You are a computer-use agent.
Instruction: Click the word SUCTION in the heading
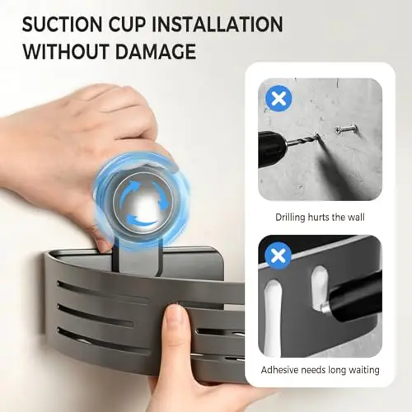tap(63, 24)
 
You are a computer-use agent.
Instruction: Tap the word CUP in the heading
tap(127, 24)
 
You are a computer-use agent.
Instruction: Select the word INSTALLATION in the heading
tap(217, 24)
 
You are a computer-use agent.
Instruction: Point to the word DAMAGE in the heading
tap(156, 51)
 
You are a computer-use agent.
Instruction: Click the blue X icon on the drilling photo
tap(279, 98)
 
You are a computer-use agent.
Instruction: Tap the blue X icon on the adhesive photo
tap(278, 255)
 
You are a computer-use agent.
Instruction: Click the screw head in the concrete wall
tap(339, 130)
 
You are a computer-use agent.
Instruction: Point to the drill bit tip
tap(317, 136)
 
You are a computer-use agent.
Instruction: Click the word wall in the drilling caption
tap(356, 217)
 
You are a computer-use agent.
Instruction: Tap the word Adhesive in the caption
tap(279, 370)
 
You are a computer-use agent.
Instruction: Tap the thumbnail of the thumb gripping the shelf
tap(174, 314)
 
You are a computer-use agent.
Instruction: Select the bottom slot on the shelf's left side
tap(105, 340)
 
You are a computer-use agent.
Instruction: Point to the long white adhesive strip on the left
tap(273, 319)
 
